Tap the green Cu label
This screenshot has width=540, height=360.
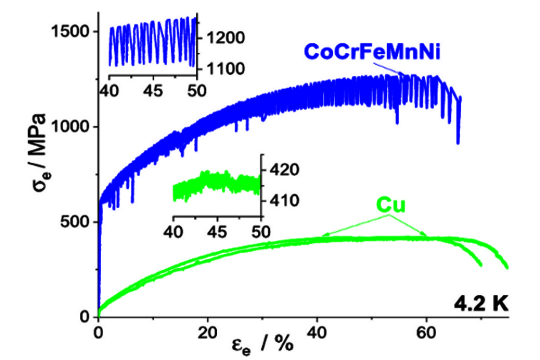tap(391, 206)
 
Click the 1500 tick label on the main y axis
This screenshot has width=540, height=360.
tap(69, 32)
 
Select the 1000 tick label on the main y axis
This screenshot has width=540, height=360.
tap(69, 127)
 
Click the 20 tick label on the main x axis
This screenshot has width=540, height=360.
tap(207, 331)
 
